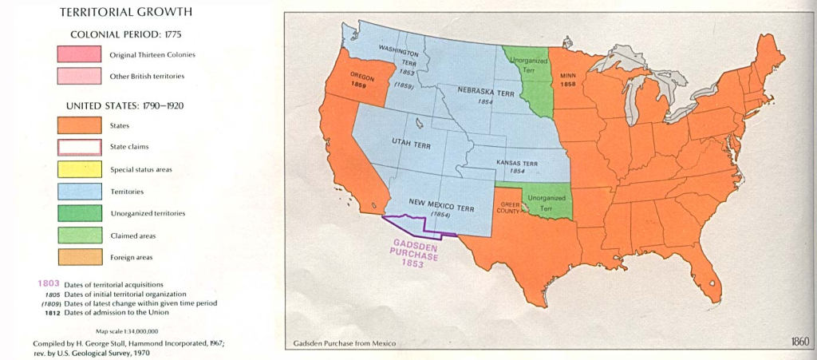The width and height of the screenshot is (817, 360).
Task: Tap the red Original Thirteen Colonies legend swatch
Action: pyautogui.click(x=79, y=54)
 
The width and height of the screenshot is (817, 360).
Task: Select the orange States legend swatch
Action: pyautogui.click(x=79, y=125)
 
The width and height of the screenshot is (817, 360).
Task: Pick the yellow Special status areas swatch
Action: pyautogui.click(x=79, y=169)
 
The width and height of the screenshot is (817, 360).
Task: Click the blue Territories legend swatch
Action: pyautogui.click(x=79, y=192)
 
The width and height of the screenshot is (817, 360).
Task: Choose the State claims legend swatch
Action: pyautogui.click(x=79, y=147)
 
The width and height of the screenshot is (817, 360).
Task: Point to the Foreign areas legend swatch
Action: pyautogui.click(x=79, y=257)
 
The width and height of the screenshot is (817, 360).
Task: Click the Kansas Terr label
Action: pyautogui.click(x=517, y=165)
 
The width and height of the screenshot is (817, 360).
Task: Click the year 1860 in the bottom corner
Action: pyautogui.click(x=799, y=342)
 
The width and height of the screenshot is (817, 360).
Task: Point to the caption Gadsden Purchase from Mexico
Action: pyautogui.click(x=343, y=344)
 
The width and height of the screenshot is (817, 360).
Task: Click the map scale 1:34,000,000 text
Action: pyautogui.click(x=127, y=330)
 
